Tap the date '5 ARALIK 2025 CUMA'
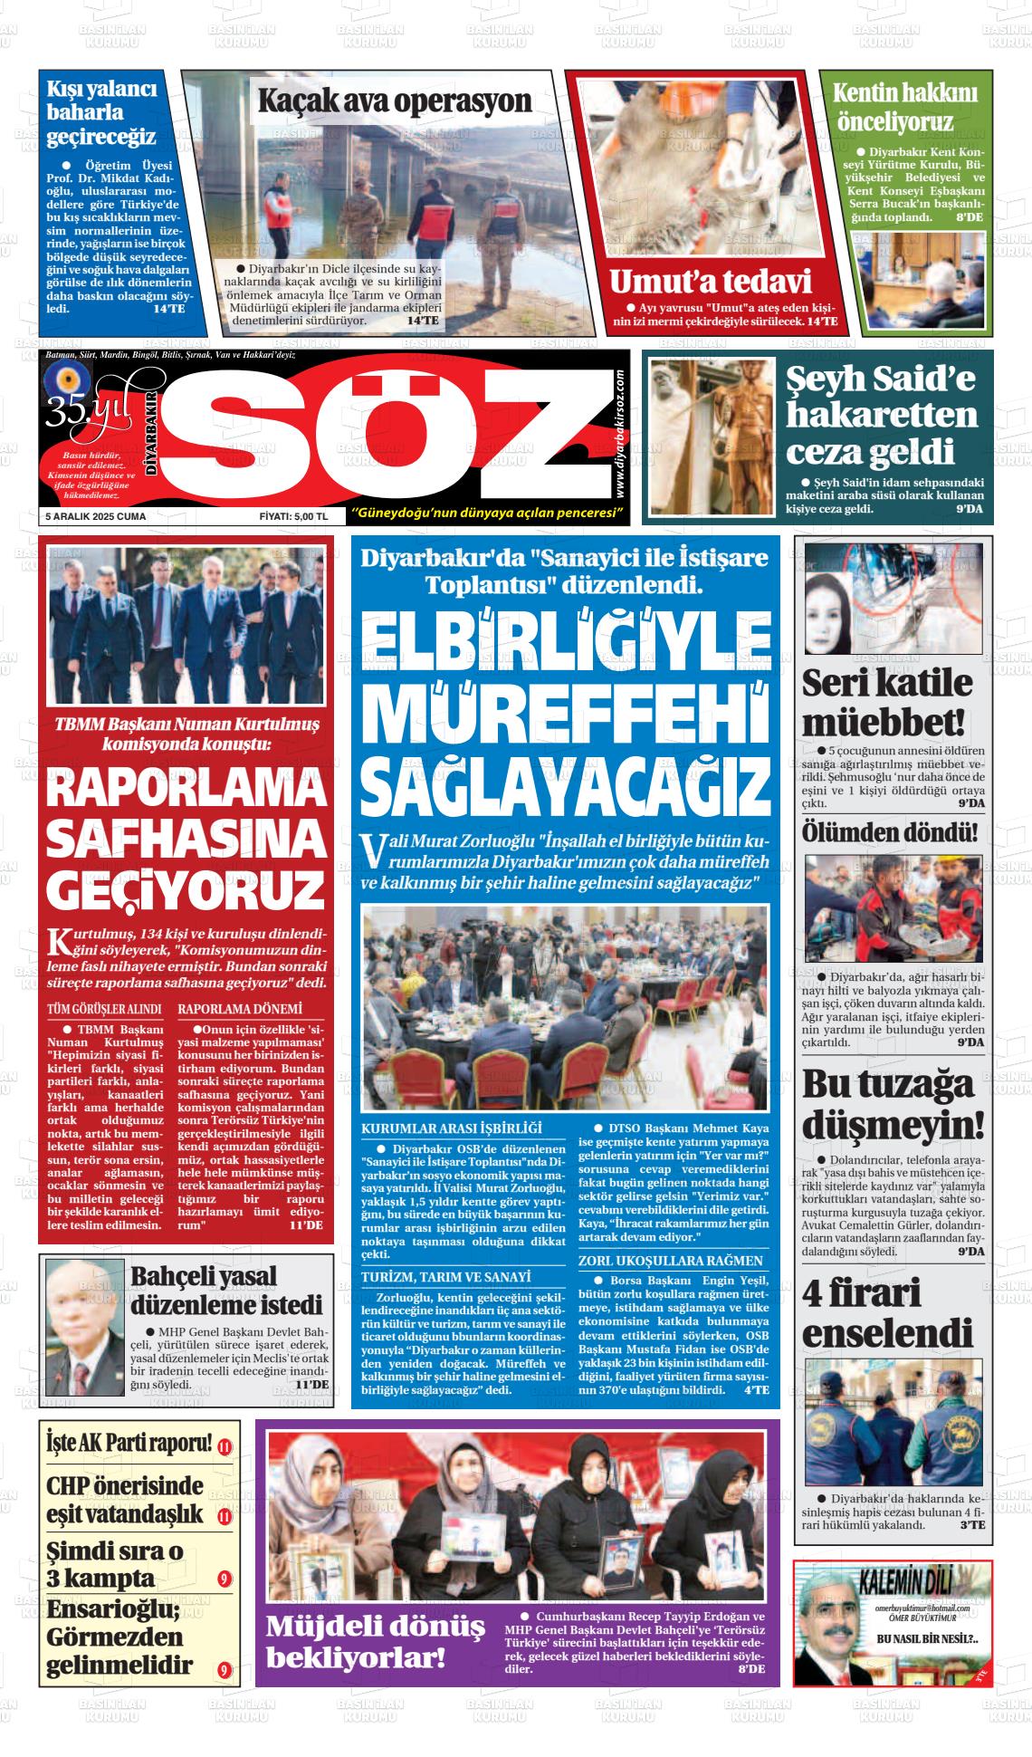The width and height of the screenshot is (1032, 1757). [x=96, y=516]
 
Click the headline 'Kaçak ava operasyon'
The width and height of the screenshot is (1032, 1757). [x=395, y=101]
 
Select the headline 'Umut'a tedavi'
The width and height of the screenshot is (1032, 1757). [x=710, y=282]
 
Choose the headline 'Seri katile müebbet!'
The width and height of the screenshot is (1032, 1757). [x=886, y=703]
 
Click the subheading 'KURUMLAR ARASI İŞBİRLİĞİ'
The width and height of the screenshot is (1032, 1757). [x=451, y=1128]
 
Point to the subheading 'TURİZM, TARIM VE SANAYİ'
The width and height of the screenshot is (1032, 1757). [x=445, y=1277]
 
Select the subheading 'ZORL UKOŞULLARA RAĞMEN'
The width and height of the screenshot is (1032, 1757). [x=670, y=1261]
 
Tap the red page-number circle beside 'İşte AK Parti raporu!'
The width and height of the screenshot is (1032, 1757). [x=225, y=1446]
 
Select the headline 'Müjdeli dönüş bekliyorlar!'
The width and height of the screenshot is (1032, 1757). [x=375, y=1642]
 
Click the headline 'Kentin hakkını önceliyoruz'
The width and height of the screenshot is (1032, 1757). [x=905, y=107]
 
